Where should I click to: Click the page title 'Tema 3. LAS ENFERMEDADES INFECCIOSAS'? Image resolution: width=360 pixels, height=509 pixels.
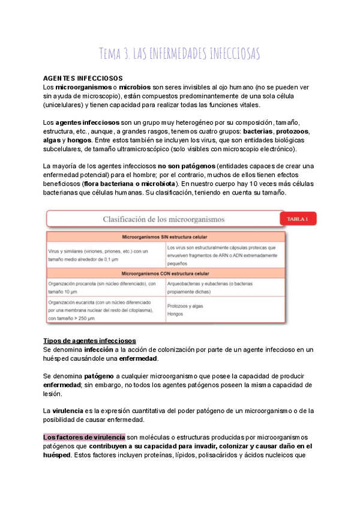(179, 53)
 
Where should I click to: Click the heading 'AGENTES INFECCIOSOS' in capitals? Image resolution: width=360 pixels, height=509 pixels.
(83, 78)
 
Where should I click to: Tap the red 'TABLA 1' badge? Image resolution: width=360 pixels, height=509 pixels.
(298, 219)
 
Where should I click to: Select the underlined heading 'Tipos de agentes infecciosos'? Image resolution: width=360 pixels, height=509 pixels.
(90, 340)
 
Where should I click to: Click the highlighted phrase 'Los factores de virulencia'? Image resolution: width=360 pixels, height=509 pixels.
(84, 437)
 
